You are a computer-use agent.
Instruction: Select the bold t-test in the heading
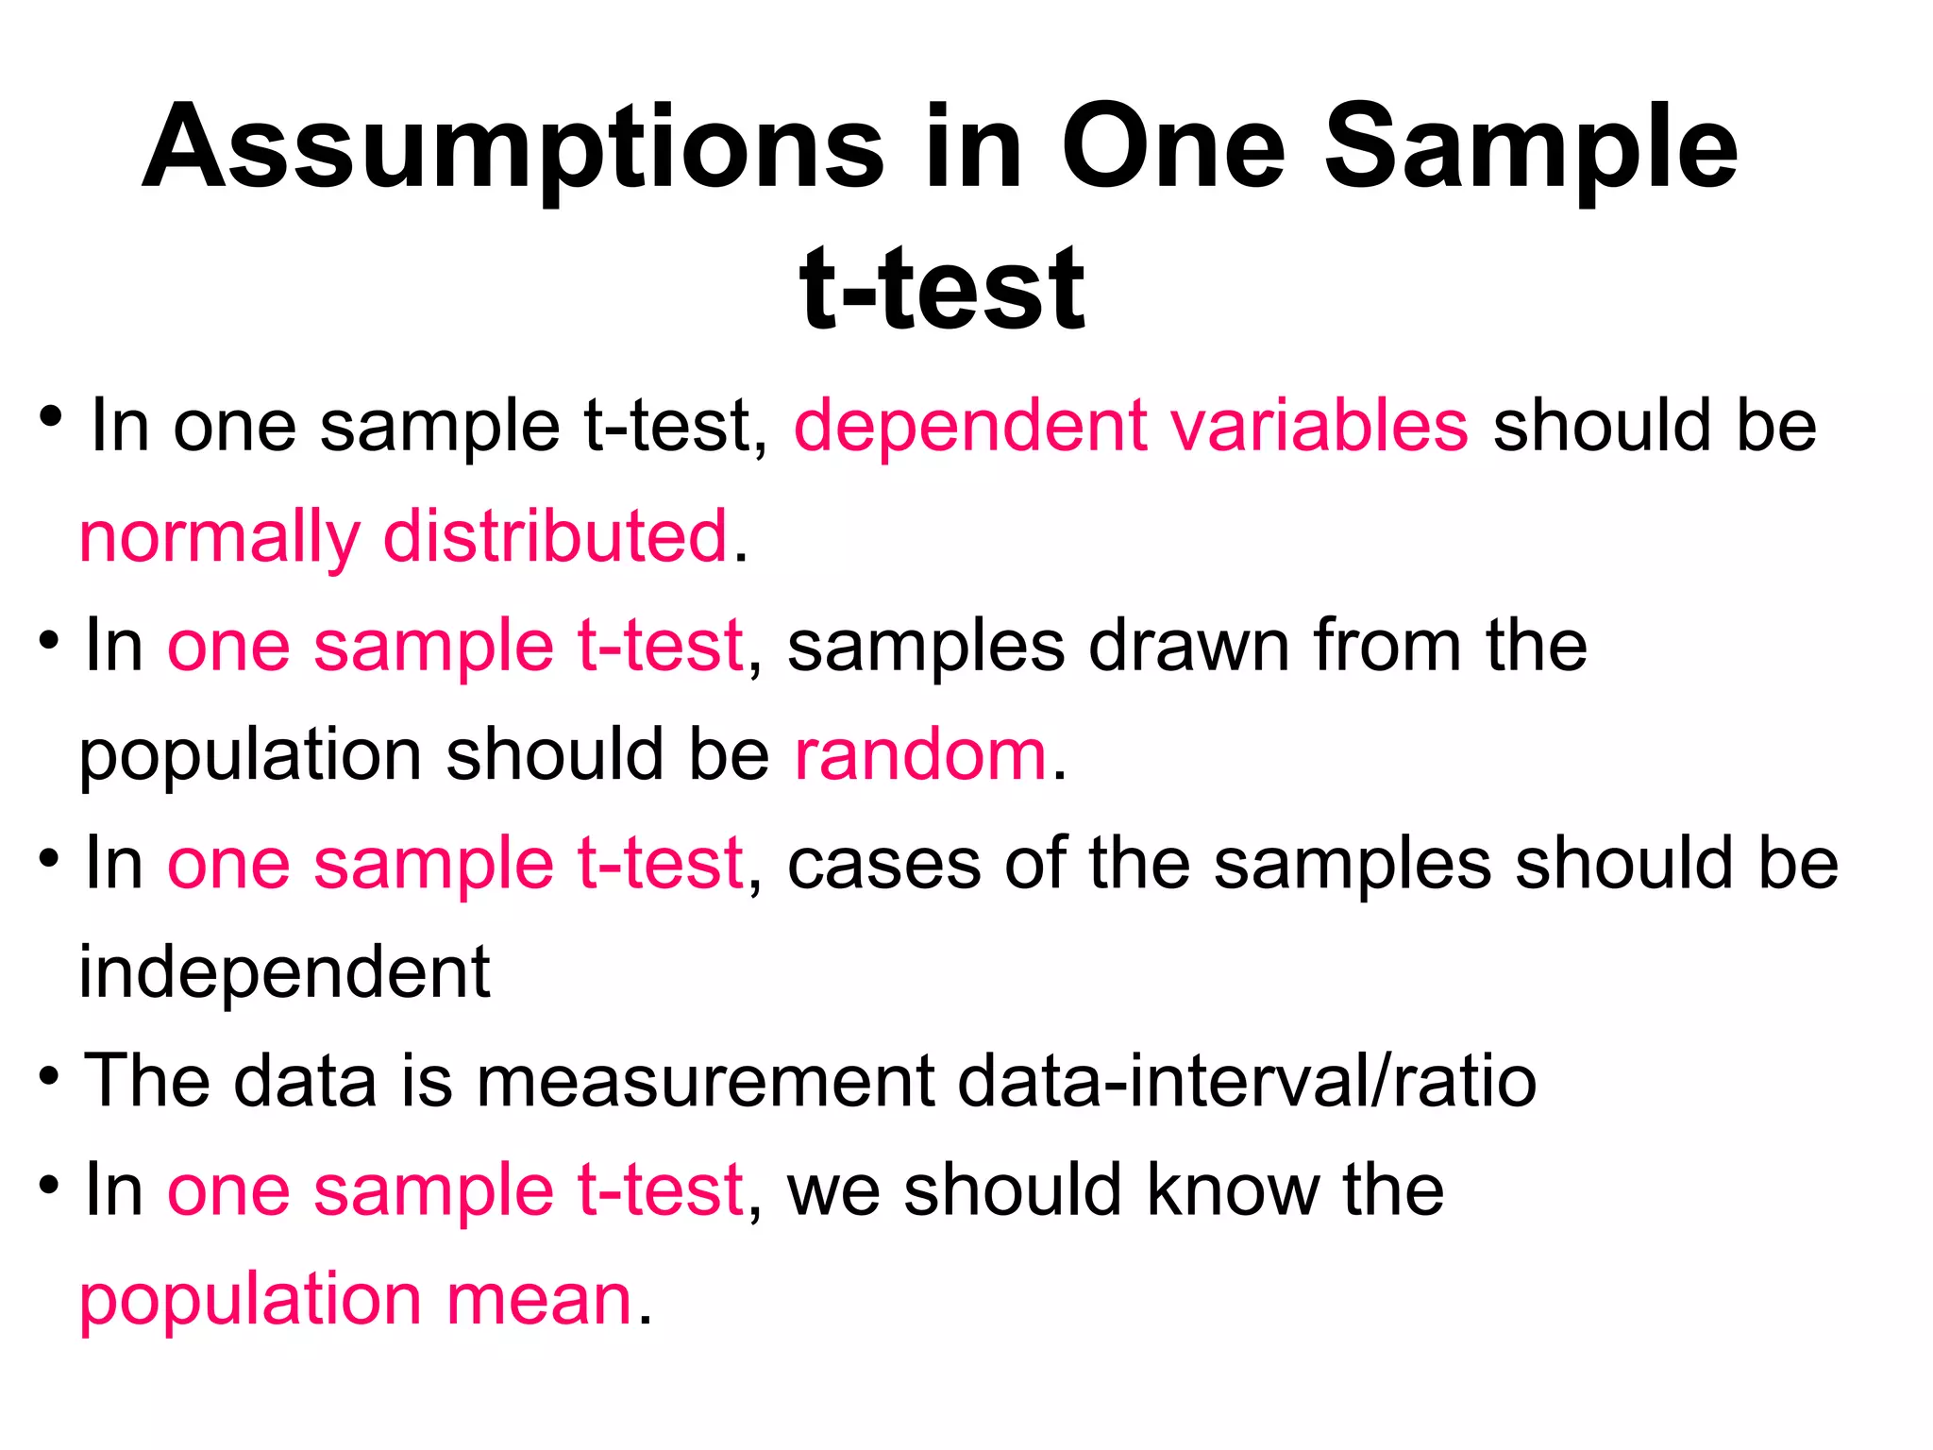pos(942,288)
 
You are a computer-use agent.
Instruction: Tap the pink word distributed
pos(556,536)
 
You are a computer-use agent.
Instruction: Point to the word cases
pos(883,864)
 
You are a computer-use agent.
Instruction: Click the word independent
pos(284,972)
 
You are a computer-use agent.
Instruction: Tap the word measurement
pos(705,1081)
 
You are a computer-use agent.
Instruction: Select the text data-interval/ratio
pos(1247,1081)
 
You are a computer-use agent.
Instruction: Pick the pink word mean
pos(538,1300)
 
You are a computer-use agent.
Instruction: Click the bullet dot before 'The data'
pos(50,1075)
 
